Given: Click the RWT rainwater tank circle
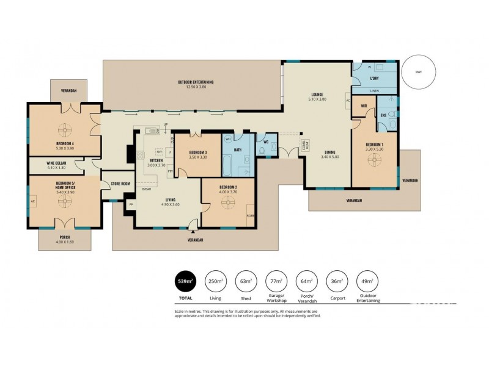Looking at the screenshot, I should coord(419,72).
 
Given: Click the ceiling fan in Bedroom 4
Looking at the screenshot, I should coord(64,129).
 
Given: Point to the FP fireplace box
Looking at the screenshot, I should coord(131,205).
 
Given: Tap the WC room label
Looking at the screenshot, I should coord(266,142).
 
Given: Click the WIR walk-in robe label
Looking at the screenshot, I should coord(363,106).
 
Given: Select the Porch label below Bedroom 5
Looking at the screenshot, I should coord(64,237).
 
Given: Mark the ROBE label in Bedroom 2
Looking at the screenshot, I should coord(250,216).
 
